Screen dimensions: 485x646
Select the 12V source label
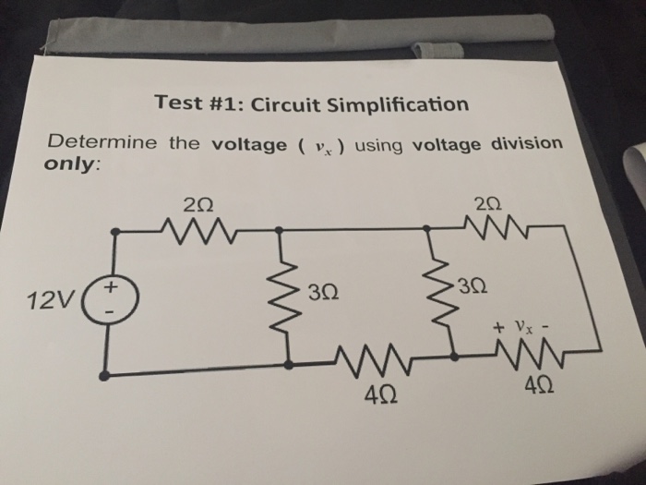46,301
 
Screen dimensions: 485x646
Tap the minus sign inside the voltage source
111,314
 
